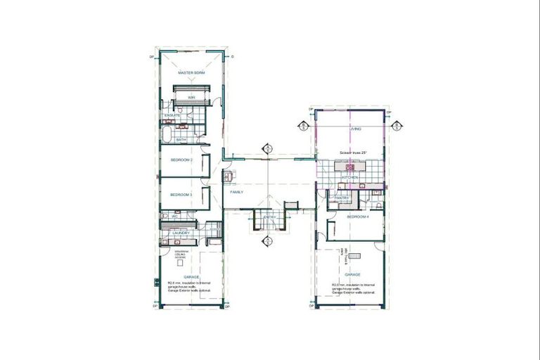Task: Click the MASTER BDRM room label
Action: coord(191,73)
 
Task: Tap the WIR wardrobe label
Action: coord(191,98)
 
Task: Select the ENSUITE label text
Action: coord(172,115)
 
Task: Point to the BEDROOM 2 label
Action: coord(181,160)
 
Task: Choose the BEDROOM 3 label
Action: coord(181,195)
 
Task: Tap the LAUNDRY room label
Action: coord(181,233)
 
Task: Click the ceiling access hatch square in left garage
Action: coord(180,262)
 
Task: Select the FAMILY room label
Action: coord(236,191)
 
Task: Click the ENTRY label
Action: coord(270,217)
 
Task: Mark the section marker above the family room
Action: coord(267,148)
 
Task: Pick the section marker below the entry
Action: coord(267,242)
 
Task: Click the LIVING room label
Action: coord(356,129)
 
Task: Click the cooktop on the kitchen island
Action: coord(349,167)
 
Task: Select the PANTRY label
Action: coord(342,198)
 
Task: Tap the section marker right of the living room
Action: coord(397,127)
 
